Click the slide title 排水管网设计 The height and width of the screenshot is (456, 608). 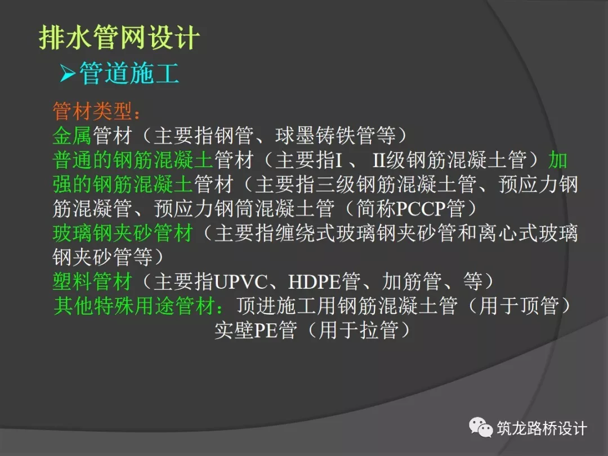click(x=119, y=38)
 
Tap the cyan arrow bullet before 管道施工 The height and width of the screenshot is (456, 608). click(x=68, y=73)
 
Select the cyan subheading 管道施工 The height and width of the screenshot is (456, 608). click(x=129, y=73)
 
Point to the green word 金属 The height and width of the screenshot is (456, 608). click(x=73, y=136)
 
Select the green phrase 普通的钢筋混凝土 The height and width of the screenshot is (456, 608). click(x=133, y=160)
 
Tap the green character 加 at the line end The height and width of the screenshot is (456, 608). click(x=558, y=160)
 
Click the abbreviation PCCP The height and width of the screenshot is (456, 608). click(x=421, y=209)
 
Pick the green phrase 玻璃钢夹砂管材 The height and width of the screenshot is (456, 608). click(x=123, y=234)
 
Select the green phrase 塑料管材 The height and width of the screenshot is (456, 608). click(x=93, y=281)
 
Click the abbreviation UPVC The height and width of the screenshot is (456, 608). click(x=240, y=282)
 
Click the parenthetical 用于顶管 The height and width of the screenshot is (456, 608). click(x=519, y=306)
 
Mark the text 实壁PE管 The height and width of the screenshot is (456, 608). click(x=256, y=330)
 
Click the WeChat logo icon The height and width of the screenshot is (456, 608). click(x=481, y=427)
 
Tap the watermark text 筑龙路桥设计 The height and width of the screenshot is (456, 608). click(x=542, y=428)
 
